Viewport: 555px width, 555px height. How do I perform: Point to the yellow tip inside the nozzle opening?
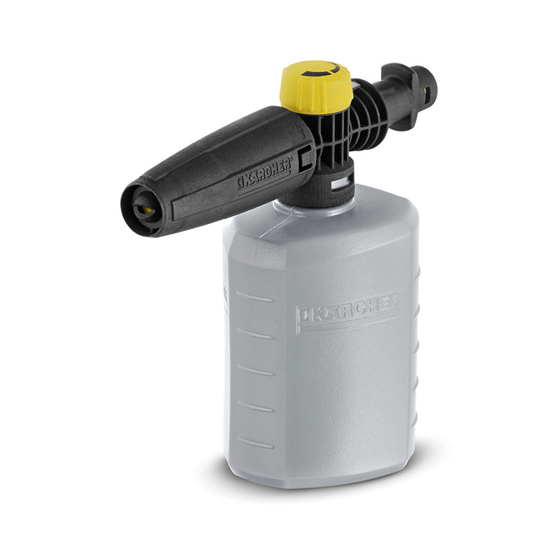[145, 210]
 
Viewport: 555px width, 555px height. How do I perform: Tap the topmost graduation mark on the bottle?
[255, 297]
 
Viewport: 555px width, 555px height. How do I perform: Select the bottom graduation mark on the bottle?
[255, 443]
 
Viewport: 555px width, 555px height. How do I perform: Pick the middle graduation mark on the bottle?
[255, 370]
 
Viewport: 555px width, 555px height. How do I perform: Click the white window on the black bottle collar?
[341, 184]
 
